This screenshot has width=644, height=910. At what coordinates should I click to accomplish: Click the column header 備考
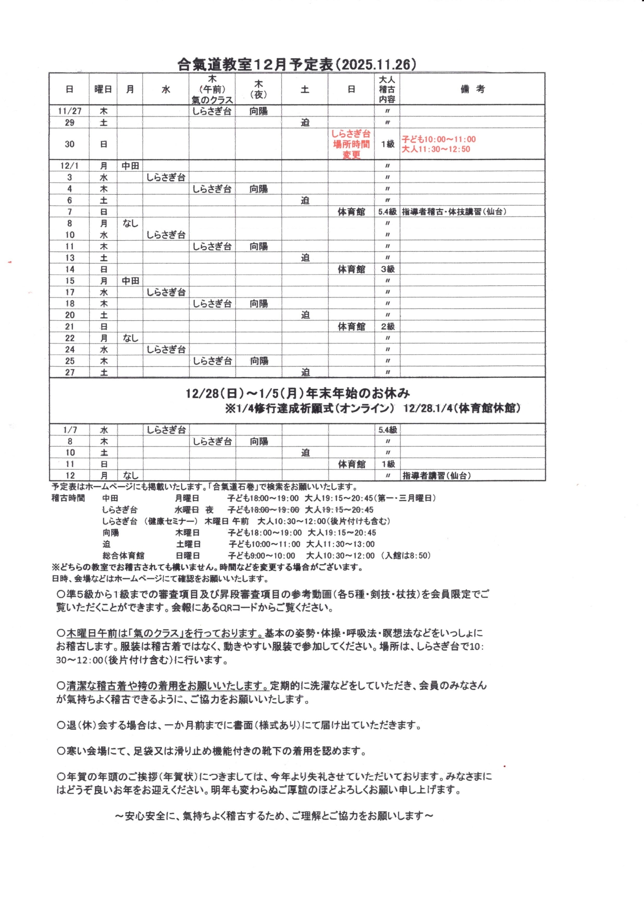pos(472,89)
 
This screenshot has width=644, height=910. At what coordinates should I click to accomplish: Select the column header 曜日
pos(103,89)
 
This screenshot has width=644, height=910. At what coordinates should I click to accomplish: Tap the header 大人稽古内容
pos(387,89)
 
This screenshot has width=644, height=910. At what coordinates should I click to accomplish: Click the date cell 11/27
pos(69,111)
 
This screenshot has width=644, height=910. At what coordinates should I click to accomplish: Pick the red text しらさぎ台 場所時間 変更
pos(351,144)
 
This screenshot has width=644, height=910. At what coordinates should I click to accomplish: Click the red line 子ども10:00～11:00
pos(438,139)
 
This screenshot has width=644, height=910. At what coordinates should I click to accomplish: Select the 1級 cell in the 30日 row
pos(387,144)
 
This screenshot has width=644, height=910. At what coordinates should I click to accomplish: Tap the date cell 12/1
pos(69,166)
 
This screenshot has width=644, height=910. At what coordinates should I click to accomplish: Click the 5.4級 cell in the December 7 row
pos(387,212)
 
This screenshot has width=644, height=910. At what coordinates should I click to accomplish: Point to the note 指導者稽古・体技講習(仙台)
pos(454,212)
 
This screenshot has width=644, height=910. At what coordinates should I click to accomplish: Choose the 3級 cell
pos(387,269)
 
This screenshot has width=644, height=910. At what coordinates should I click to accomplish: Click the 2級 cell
pos(387,326)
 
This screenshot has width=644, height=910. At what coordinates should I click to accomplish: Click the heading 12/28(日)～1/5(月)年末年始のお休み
pos(298,393)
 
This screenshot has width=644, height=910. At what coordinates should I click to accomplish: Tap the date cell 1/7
pos(70,430)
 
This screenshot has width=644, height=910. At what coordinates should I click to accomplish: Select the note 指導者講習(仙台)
pos(436,475)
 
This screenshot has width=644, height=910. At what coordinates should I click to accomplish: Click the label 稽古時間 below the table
pos(68,498)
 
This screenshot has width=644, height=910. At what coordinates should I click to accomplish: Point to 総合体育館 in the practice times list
pos(123,556)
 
